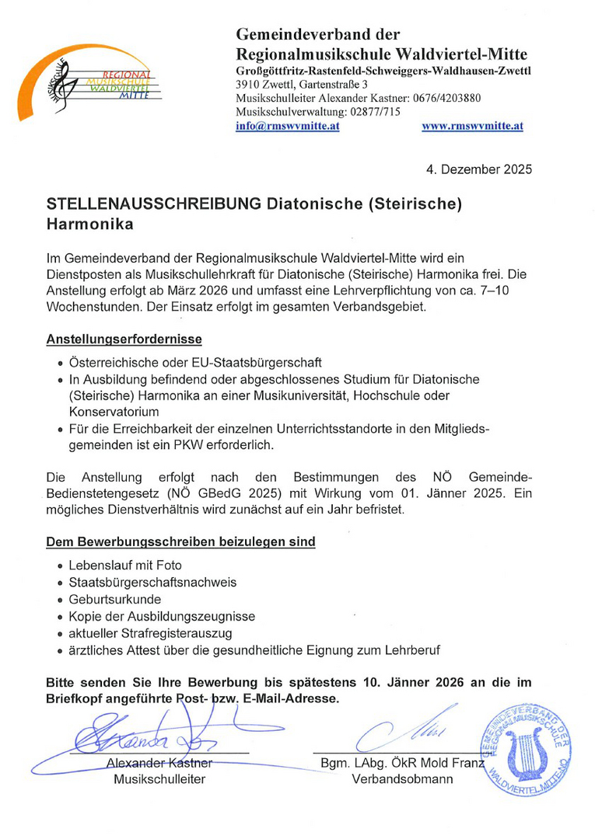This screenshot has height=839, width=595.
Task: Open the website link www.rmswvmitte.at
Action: [472, 126]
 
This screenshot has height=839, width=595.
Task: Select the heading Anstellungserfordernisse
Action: [124, 339]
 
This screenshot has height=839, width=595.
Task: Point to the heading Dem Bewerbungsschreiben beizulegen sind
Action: [181, 541]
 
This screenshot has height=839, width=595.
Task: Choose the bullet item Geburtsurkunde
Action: [114, 599]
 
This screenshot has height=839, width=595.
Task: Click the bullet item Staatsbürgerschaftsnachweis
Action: [153, 582]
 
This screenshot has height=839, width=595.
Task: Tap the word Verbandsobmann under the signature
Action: [402, 779]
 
